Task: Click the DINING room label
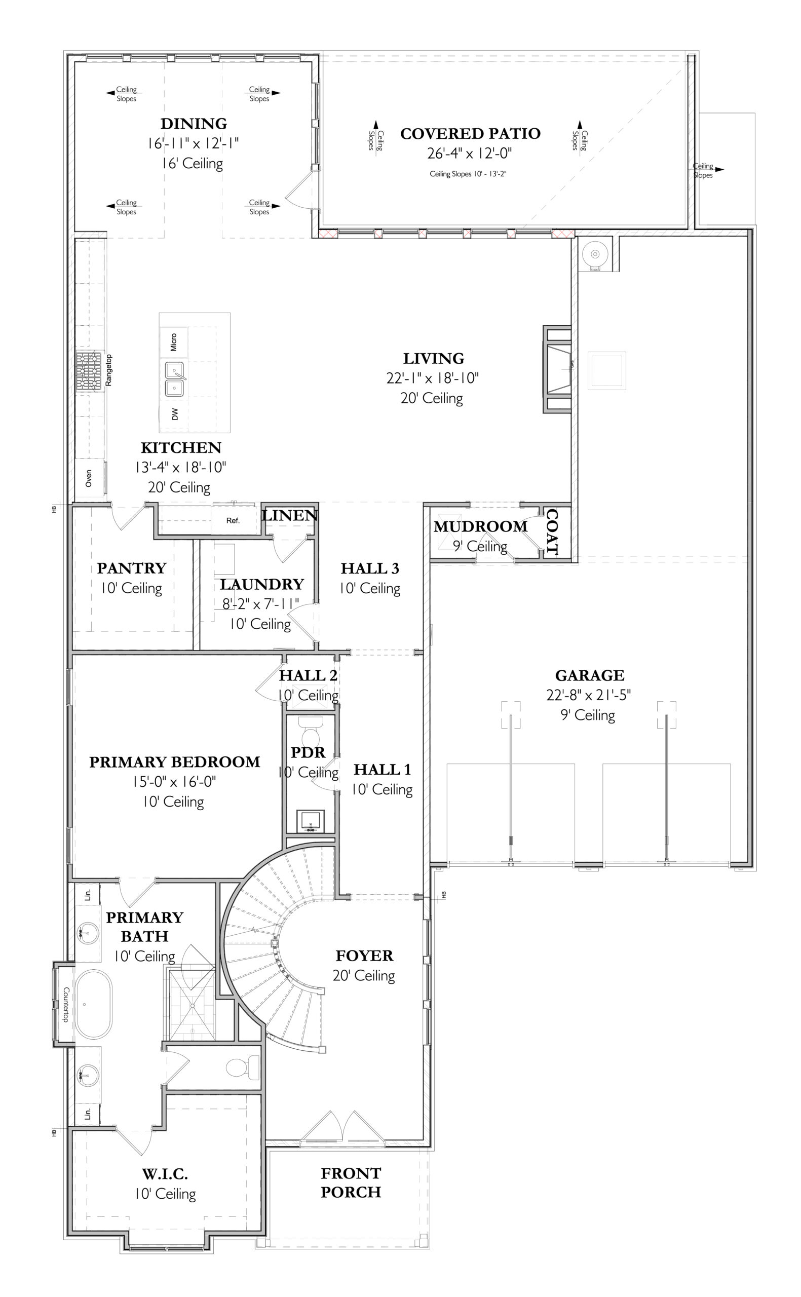coord(194,124)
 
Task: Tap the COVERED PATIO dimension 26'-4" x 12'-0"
coord(470,154)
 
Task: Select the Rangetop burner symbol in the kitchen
coord(89,371)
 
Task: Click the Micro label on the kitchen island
coord(174,342)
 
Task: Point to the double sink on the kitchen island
coord(175,378)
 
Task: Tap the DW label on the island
coord(175,413)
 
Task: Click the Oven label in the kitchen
coord(89,478)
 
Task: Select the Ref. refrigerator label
coord(233,521)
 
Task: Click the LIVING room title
coord(433,359)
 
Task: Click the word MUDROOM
coord(480,526)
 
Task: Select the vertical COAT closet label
coord(552,532)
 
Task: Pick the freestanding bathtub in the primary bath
coord(93,1004)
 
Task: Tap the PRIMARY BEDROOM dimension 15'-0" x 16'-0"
coord(174,782)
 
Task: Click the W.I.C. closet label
coord(165,1174)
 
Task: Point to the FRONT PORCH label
coord(351,1182)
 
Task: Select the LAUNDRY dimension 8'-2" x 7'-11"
coord(260,604)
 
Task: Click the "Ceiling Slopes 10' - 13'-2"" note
coord(468,174)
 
